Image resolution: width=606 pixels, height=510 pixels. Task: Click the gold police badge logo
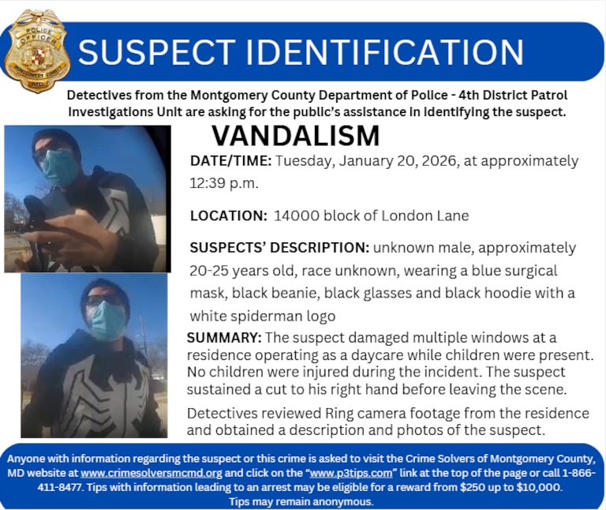37,51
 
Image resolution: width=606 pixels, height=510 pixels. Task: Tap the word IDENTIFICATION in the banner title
385,52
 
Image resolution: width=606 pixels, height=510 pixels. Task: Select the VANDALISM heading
295,136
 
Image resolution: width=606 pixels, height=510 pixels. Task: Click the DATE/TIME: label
231,161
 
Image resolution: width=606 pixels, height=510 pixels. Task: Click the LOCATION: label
229,216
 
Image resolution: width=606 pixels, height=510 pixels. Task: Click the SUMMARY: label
224,338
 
